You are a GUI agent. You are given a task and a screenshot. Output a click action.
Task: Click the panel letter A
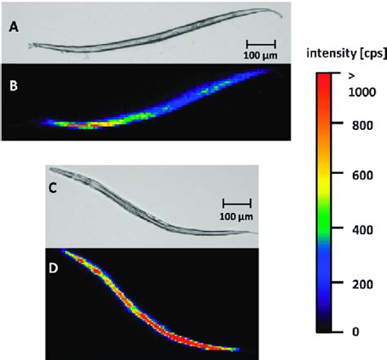click(x=14, y=29)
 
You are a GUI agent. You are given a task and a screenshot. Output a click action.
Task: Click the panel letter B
click(x=14, y=85)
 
